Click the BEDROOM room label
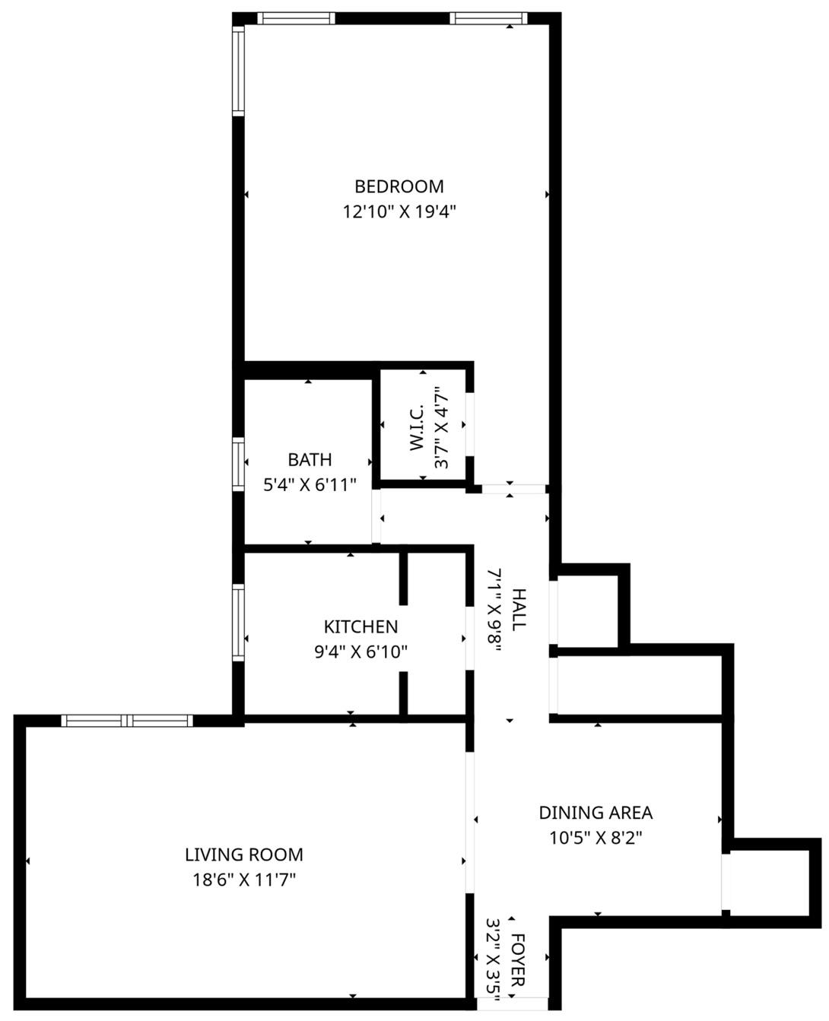click(399, 186)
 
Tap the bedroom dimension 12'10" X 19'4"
click(399, 211)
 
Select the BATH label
click(310, 460)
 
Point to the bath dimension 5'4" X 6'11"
click(310, 485)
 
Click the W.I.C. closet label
click(417, 432)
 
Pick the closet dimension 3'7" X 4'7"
click(441, 432)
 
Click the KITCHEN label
click(361, 626)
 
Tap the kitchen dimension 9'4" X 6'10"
click(361, 652)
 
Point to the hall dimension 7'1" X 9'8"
click(494, 609)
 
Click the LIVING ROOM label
click(244, 855)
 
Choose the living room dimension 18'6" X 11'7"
click(244, 880)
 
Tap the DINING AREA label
click(596, 813)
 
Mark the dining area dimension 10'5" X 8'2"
click(596, 838)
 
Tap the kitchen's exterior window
click(238, 622)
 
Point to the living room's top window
click(127, 720)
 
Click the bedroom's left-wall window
click(238, 70)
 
